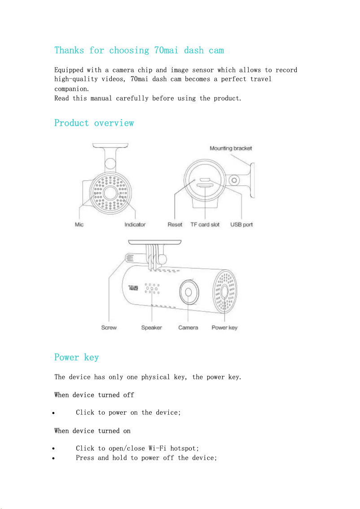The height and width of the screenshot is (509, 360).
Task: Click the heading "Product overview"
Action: point(94,123)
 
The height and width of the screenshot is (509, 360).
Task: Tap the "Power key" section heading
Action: point(76,357)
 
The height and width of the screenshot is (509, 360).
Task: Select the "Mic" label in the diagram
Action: point(79,224)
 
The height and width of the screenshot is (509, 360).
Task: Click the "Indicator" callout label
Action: point(135,224)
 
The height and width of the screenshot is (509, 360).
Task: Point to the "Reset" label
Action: point(175,224)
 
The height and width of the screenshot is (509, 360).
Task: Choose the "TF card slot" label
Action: point(205,224)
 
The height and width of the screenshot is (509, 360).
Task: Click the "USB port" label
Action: point(241,224)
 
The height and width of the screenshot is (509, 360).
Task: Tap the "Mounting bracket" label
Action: point(231,149)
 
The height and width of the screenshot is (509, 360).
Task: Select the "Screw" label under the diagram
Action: point(109,328)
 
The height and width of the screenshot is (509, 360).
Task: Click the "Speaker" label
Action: point(151,328)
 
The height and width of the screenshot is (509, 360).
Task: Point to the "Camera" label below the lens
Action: point(188,328)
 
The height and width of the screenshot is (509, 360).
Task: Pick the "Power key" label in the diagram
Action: point(224,328)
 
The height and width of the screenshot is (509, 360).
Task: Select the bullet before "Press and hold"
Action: point(53,458)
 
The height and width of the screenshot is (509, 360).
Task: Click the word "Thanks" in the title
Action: point(69,50)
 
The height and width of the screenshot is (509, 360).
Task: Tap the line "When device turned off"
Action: point(94,395)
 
